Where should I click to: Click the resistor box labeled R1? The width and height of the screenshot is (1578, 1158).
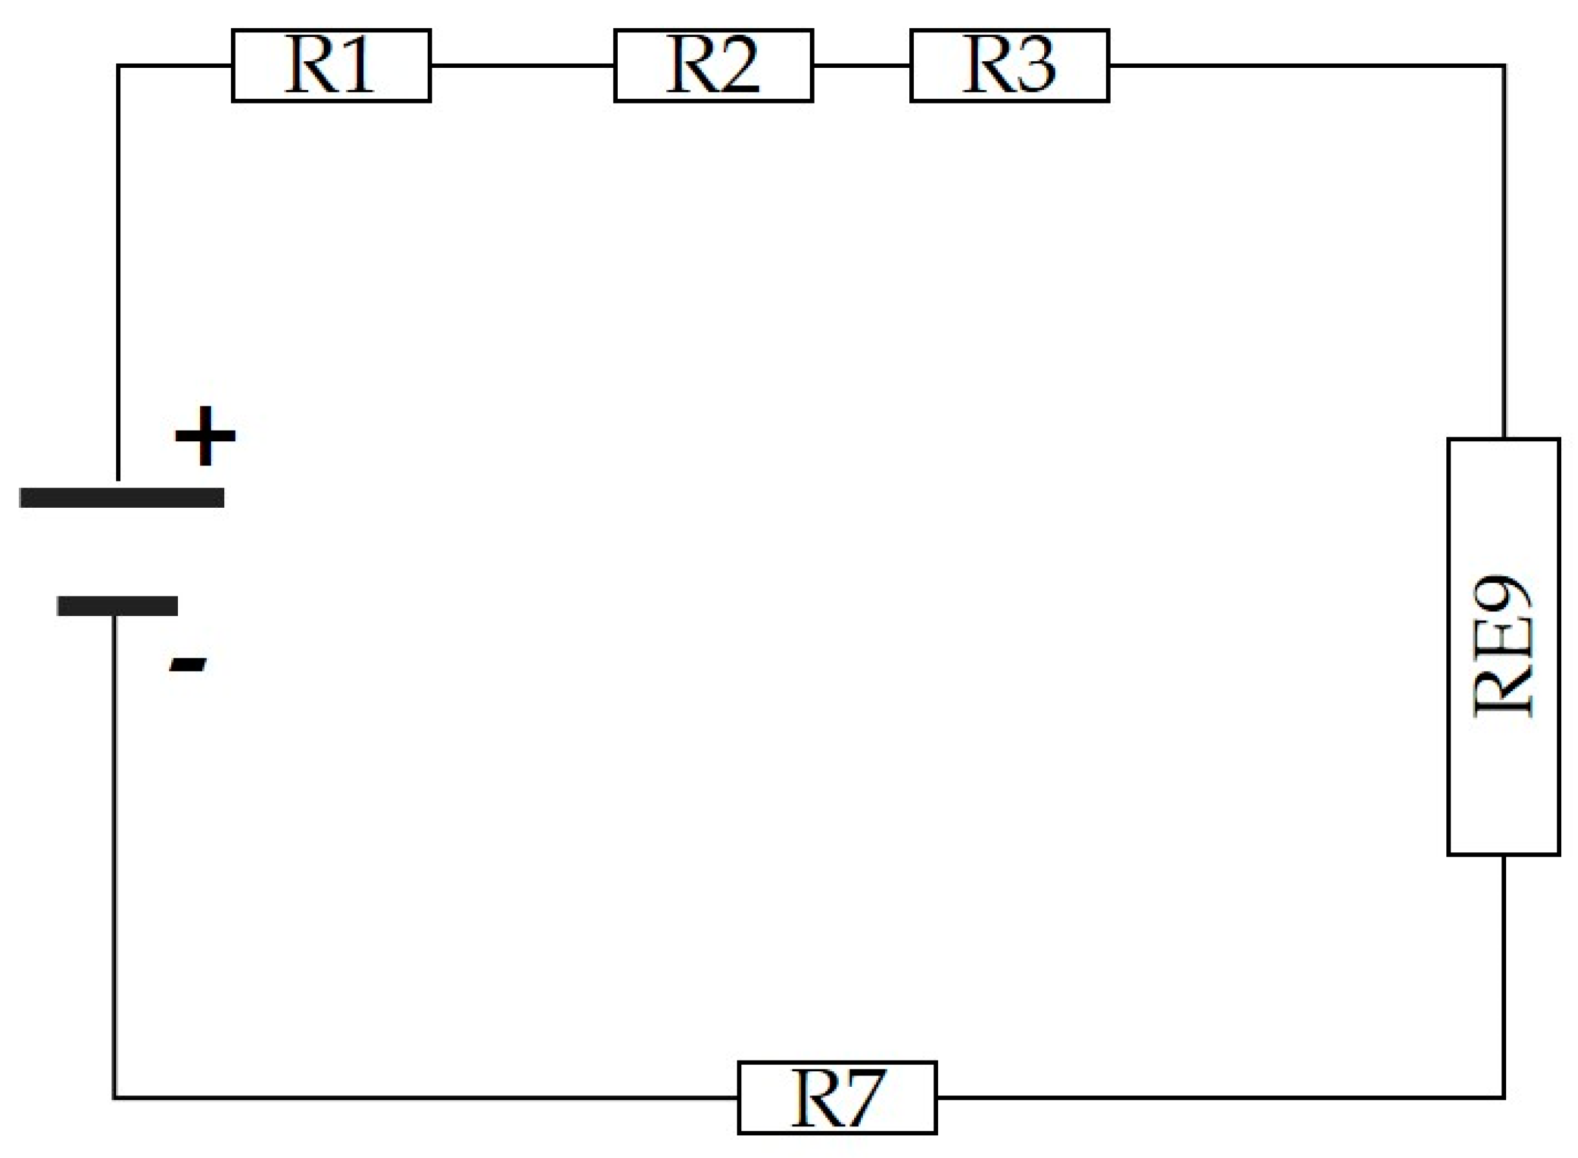[331, 65]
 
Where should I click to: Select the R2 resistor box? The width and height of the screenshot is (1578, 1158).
[713, 65]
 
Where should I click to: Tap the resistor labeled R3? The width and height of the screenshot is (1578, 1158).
[1009, 65]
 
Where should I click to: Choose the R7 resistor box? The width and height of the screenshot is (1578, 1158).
[837, 1097]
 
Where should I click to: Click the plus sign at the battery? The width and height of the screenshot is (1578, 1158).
[205, 435]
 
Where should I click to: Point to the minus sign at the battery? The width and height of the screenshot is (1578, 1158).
[188, 663]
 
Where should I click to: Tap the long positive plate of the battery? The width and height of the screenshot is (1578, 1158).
[122, 497]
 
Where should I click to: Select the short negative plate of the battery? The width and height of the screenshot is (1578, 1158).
[117, 605]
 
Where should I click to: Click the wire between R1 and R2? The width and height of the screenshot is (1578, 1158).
[522, 65]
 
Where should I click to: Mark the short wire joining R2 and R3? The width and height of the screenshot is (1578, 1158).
[861, 65]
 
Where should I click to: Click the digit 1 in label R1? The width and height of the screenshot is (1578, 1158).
[357, 65]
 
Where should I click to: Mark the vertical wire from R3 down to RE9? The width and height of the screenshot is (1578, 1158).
[1503, 253]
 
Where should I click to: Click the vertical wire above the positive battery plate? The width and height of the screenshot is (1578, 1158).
[118, 273]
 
